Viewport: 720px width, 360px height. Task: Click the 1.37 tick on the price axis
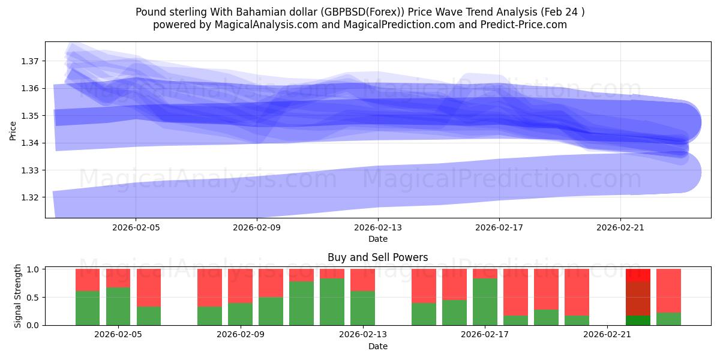31,61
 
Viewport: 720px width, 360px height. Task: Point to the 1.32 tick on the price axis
31,197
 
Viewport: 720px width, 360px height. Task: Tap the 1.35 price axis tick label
31,116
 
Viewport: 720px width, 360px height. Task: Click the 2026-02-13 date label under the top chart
378,228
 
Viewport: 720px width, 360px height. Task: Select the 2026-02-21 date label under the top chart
620,228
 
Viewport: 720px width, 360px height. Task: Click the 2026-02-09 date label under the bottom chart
240,335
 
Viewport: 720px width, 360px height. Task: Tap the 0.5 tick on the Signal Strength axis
32,298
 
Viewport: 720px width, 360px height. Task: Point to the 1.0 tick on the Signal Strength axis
32,269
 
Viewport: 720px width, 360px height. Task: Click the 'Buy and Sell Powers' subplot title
377,257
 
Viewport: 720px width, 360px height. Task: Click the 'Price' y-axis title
13,130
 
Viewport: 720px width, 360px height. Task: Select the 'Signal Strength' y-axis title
18,296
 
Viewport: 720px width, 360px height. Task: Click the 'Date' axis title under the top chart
377,239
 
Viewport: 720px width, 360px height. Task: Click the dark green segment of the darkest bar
638,320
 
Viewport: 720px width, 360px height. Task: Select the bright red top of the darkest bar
638,275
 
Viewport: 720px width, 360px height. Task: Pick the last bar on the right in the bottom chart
668,297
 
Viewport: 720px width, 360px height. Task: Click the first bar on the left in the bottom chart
88,297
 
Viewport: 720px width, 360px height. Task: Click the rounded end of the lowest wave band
684,173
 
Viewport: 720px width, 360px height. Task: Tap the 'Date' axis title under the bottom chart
377,346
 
